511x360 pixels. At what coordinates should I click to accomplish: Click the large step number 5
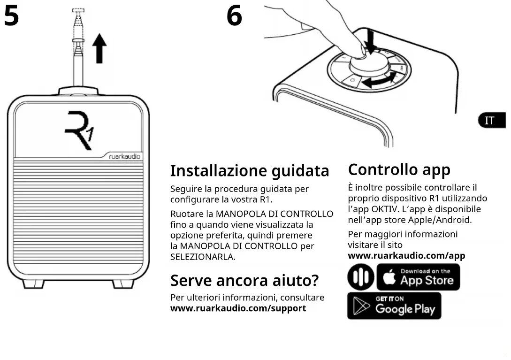tap(11, 16)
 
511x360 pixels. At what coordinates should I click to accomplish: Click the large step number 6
tap(234, 16)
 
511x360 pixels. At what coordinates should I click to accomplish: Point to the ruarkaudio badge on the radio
tap(124, 157)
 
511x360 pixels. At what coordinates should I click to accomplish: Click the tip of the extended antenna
tap(78, 11)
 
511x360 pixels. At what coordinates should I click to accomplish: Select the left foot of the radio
tap(33, 283)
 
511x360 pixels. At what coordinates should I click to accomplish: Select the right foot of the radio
tap(123, 283)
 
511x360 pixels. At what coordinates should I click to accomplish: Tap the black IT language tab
tap(491, 121)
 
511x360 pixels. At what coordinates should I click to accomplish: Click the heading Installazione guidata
tap(250, 170)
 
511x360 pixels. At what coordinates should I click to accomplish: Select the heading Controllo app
tap(399, 169)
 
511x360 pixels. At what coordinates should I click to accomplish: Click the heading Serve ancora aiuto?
tap(244, 280)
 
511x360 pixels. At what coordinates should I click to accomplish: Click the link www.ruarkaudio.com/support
tap(238, 308)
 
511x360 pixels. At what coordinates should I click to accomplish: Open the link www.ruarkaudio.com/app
tap(406, 256)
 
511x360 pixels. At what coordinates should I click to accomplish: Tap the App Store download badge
tap(418, 277)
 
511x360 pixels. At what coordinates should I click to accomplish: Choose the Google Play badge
tap(394, 306)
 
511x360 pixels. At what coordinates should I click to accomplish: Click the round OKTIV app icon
tap(360, 277)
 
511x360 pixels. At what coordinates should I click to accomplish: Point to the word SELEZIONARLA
tap(202, 257)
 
